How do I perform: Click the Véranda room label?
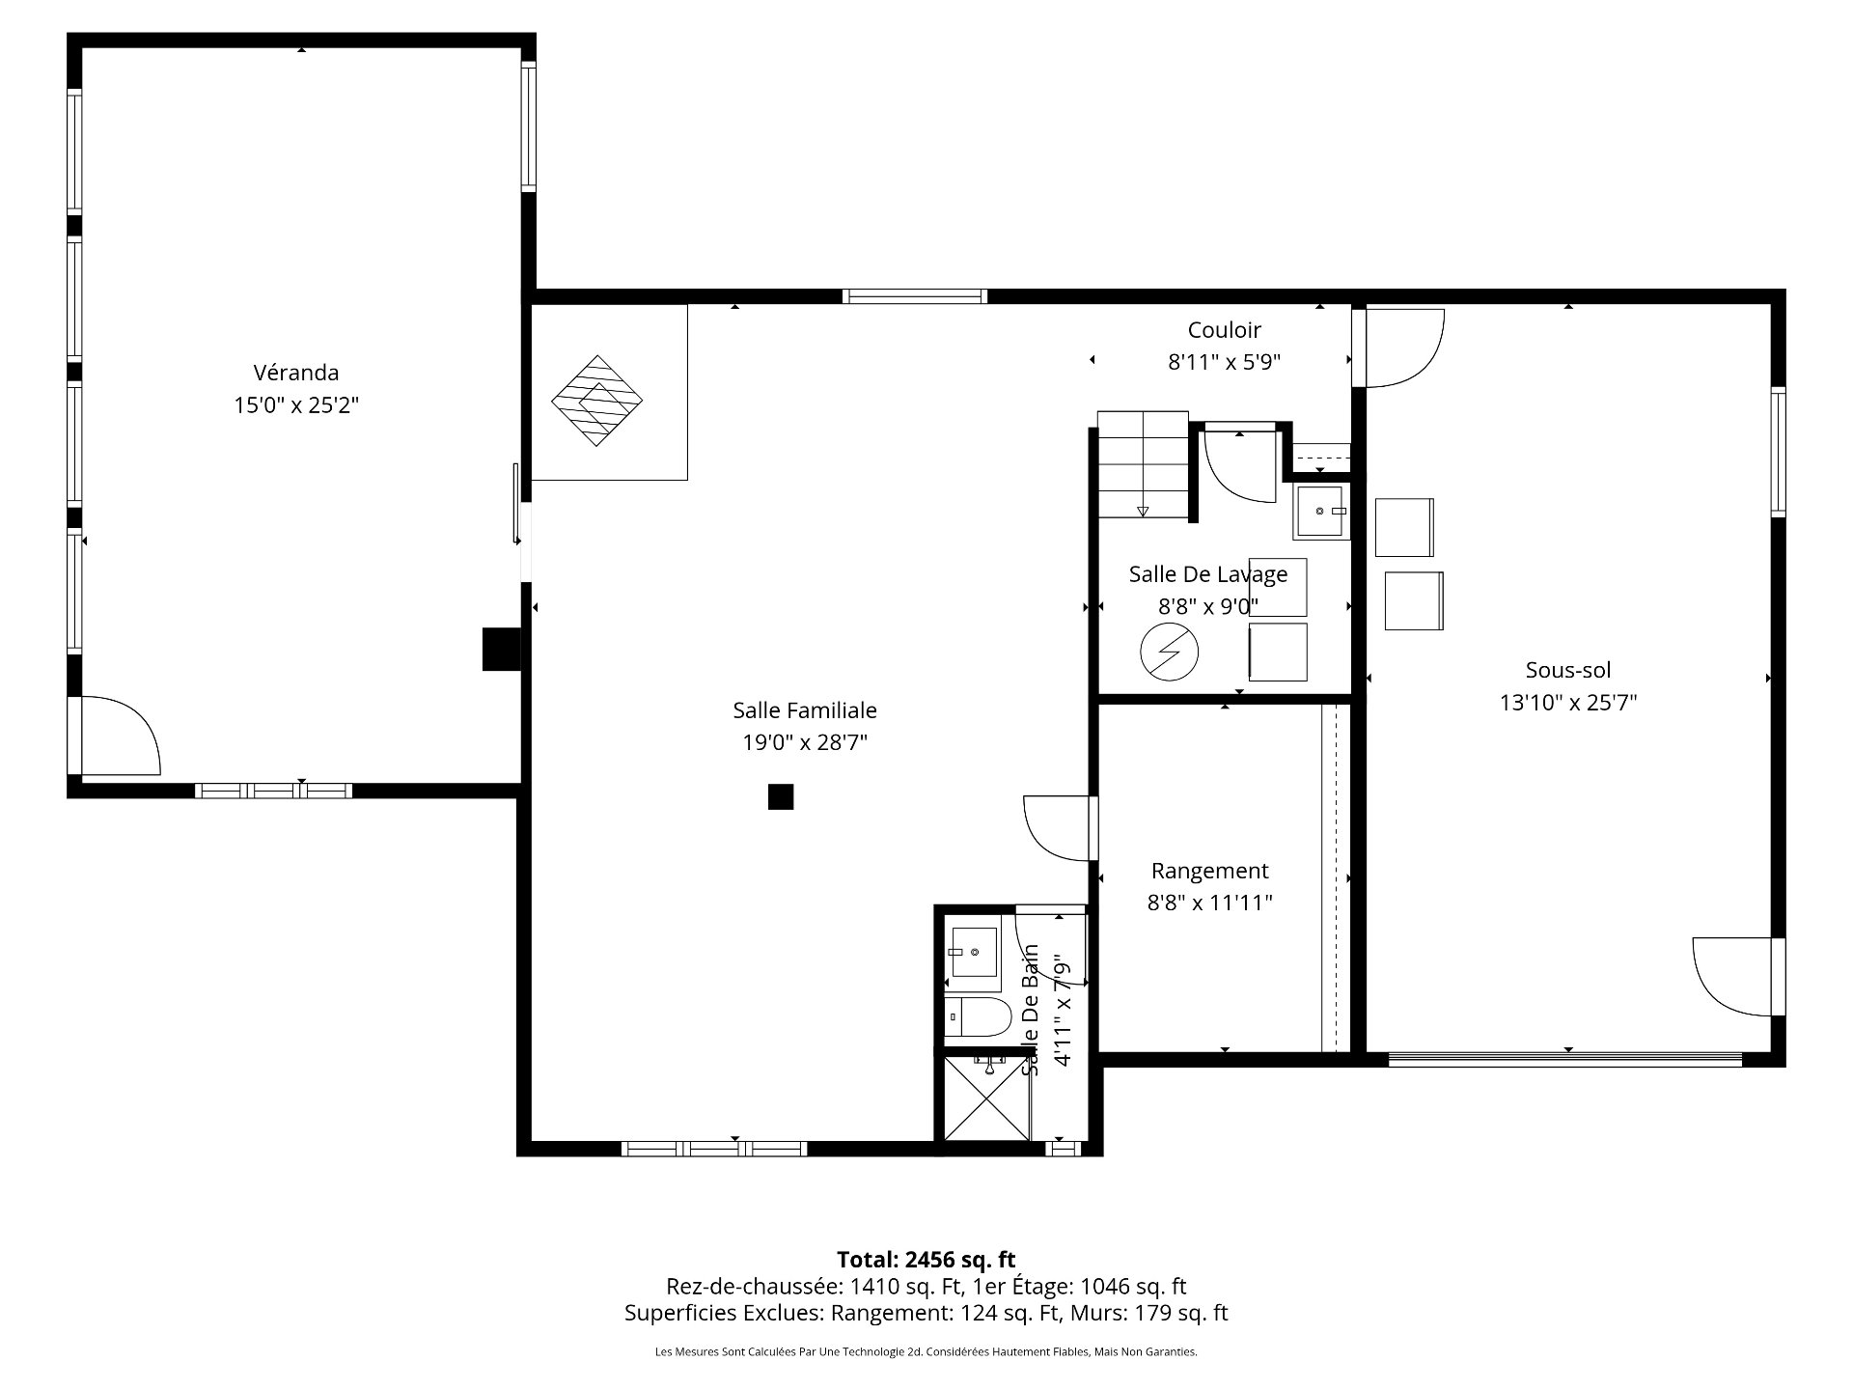[x=295, y=373]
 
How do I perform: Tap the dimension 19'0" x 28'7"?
[x=805, y=742]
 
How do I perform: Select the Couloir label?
[x=1224, y=330]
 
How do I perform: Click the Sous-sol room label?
[x=1567, y=670]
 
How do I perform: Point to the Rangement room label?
[x=1209, y=871]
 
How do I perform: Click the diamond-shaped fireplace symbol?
[x=596, y=401]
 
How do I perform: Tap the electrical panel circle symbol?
[x=1169, y=653]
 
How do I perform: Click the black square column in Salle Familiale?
[x=781, y=797]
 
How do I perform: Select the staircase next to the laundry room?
[x=1143, y=463]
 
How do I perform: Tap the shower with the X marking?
[x=987, y=1098]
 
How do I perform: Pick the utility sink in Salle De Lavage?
[x=1320, y=512]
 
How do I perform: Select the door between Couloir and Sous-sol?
[x=1399, y=347]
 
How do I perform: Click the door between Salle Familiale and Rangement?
[x=1060, y=827]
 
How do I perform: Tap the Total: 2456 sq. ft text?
[x=926, y=1260]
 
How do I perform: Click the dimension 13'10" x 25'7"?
[x=1567, y=703]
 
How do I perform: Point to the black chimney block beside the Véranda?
[x=501, y=649]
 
